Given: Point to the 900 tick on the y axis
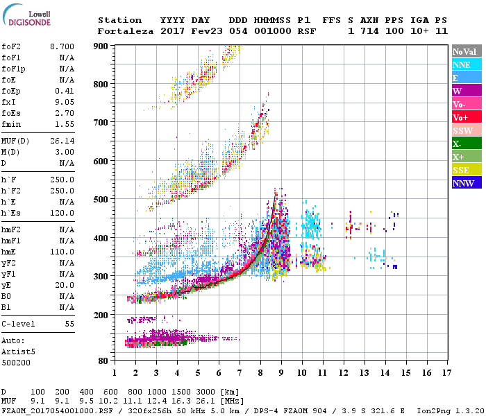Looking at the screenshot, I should click(x=101, y=46).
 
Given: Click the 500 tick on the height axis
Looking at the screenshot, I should click(x=101, y=200).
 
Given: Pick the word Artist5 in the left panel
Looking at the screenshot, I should click(x=17, y=352).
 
